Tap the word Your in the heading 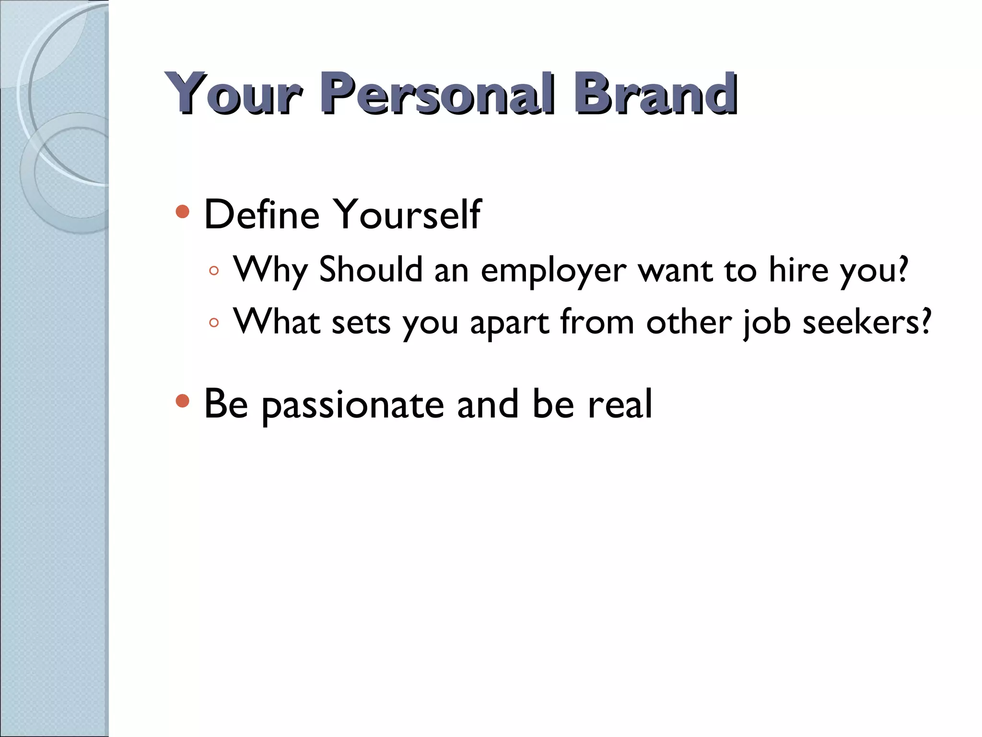pyautogui.click(x=234, y=94)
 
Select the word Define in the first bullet pyautogui.click(x=262, y=214)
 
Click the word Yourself pyautogui.click(x=407, y=214)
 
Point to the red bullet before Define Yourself pyautogui.click(x=182, y=212)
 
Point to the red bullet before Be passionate pyautogui.click(x=182, y=401)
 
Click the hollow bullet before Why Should pyautogui.click(x=214, y=271)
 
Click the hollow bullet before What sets pyautogui.click(x=214, y=323)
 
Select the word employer pyautogui.click(x=553, y=271)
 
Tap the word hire pyautogui.click(x=798, y=270)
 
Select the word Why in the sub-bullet pyautogui.click(x=270, y=271)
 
